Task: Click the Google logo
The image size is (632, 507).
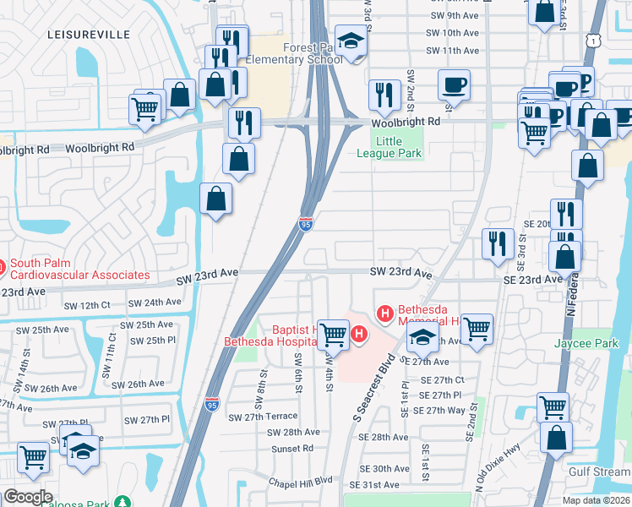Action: click(28, 497)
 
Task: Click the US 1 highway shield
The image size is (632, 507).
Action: click(597, 40)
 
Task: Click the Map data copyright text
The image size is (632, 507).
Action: click(595, 500)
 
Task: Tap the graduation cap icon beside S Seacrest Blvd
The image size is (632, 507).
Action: click(422, 339)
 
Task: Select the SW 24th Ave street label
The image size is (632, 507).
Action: click(155, 302)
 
